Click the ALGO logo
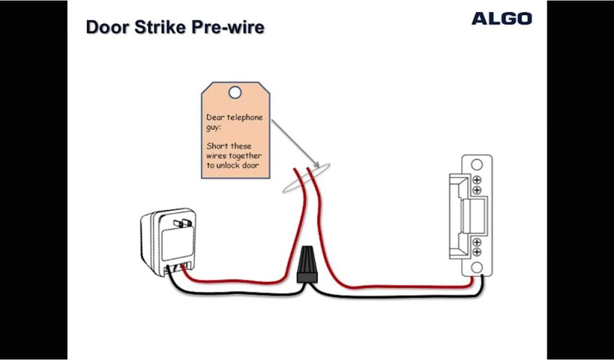pos(501,19)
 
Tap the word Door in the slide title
pos(107,27)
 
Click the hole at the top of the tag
pos(235,92)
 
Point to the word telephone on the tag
pos(245,118)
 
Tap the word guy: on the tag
pos(215,127)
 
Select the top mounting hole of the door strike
pos(477,164)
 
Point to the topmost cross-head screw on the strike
pos(477,180)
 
